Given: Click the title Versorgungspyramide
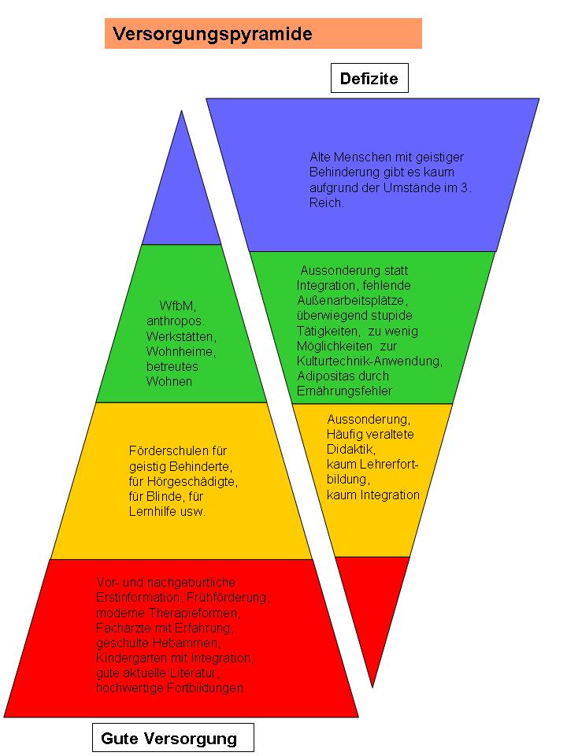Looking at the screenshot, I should [x=213, y=34].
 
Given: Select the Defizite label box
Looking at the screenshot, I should [x=369, y=78].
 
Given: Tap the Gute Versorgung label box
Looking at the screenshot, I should [x=169, y=739].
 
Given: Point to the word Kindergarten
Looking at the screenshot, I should [x=131, y=657].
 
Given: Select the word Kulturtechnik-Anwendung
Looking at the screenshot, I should [x=369, y=361].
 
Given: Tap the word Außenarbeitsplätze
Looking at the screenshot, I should [x=352, y=300].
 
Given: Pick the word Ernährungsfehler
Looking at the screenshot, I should [x=344, y=391].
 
